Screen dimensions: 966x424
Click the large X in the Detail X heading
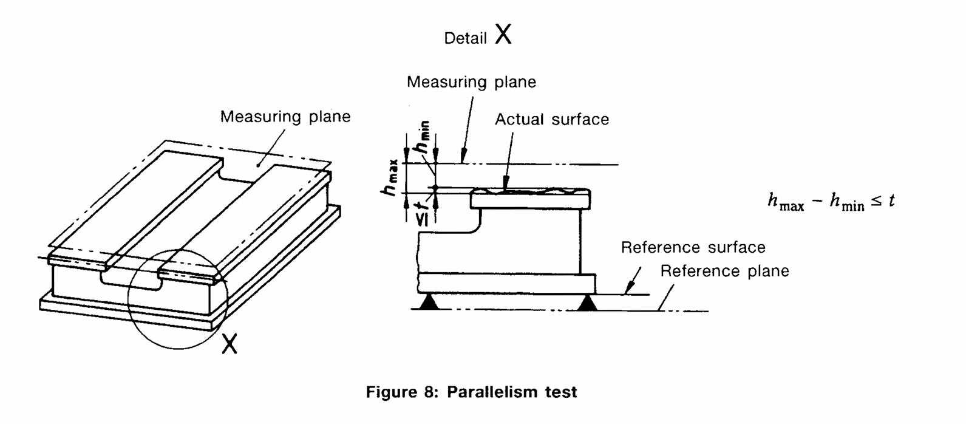pos(503,34)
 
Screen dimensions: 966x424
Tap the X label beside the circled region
pos(230,344)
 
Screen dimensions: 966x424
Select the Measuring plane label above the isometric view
pos(285,117)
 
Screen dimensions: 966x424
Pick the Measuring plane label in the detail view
pos(471,82)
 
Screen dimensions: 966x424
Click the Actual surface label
pos(552,119)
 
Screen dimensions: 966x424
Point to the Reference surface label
pos(693,247)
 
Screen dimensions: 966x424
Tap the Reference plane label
pos(724,271)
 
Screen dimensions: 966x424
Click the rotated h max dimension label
pos(391,178)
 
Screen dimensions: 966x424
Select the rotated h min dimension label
pos(422,137)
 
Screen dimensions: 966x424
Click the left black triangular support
pos(429,301)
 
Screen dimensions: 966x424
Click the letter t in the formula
pos(891,200)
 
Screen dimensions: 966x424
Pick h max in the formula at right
pos(786,202)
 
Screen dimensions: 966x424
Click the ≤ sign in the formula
pos(876,201)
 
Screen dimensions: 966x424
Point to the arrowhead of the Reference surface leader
pos(630,287)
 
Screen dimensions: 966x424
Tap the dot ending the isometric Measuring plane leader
pos(258,165)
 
